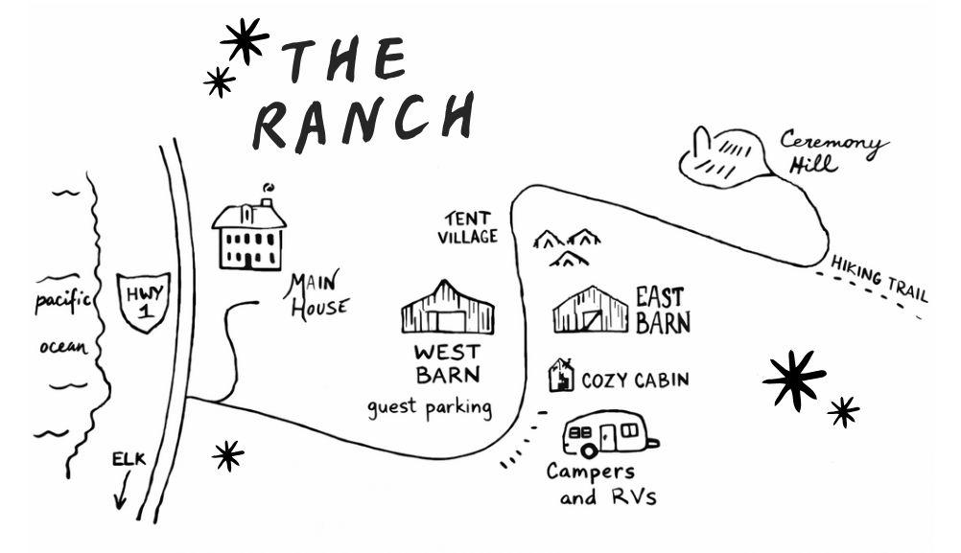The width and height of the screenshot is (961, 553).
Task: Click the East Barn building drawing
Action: click(x=590, y=310)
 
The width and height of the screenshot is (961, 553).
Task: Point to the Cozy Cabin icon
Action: click(x=561, y=375)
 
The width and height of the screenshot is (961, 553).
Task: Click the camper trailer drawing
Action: click(x=610, y=434)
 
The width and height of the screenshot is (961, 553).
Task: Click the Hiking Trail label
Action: click(x=879, y=279)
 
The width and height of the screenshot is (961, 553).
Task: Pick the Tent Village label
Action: click(x=468, y=228)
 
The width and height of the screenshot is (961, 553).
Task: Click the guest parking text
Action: click(x=430, y=408)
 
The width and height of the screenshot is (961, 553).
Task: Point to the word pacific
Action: click(x=62, y=301)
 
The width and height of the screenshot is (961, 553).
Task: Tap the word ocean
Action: click(x=63, y=347)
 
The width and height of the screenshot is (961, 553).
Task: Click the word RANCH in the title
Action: click(x=363, y=123)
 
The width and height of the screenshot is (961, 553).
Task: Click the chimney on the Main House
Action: click(x=266, y=202)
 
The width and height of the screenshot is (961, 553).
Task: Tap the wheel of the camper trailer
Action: click(x=588, y=451)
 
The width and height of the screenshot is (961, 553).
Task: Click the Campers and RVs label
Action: click(x=600, y=484)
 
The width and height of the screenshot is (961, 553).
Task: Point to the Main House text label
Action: click(x=316, y=297)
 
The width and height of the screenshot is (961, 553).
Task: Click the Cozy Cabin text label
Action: click(x=635, y=380)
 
